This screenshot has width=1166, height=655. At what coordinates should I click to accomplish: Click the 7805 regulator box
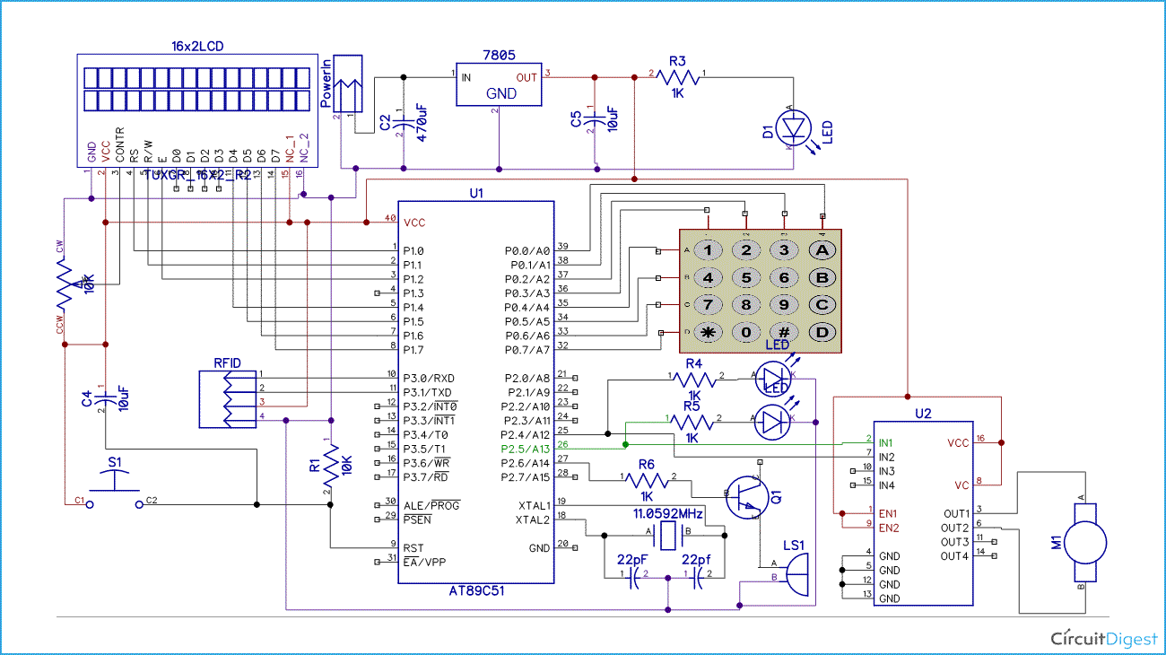coord(499,85)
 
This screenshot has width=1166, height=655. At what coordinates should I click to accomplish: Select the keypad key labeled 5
coord(745,277)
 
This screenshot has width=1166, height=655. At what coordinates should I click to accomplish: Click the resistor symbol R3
coord(678,78)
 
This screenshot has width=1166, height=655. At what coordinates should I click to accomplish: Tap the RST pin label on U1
coord(413,547)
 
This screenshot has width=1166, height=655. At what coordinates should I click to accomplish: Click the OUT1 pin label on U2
coord(954,513)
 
